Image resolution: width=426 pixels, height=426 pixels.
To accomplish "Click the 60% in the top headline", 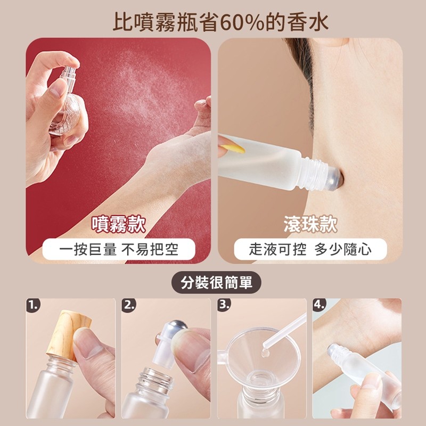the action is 242,22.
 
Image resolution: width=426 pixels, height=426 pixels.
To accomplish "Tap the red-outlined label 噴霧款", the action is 118,224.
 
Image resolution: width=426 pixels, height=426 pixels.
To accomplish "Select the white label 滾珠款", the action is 310,224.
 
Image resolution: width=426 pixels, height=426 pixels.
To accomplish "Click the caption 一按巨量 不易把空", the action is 119,249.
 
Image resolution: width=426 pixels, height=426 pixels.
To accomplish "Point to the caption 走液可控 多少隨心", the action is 310,249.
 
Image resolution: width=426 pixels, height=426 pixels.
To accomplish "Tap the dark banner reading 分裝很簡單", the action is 216,282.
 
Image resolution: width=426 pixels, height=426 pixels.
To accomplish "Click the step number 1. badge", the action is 33,305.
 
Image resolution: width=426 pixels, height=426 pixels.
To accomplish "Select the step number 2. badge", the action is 128,305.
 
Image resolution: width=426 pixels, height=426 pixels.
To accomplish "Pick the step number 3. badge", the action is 224,305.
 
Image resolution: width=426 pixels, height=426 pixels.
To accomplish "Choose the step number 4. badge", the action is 320,305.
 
